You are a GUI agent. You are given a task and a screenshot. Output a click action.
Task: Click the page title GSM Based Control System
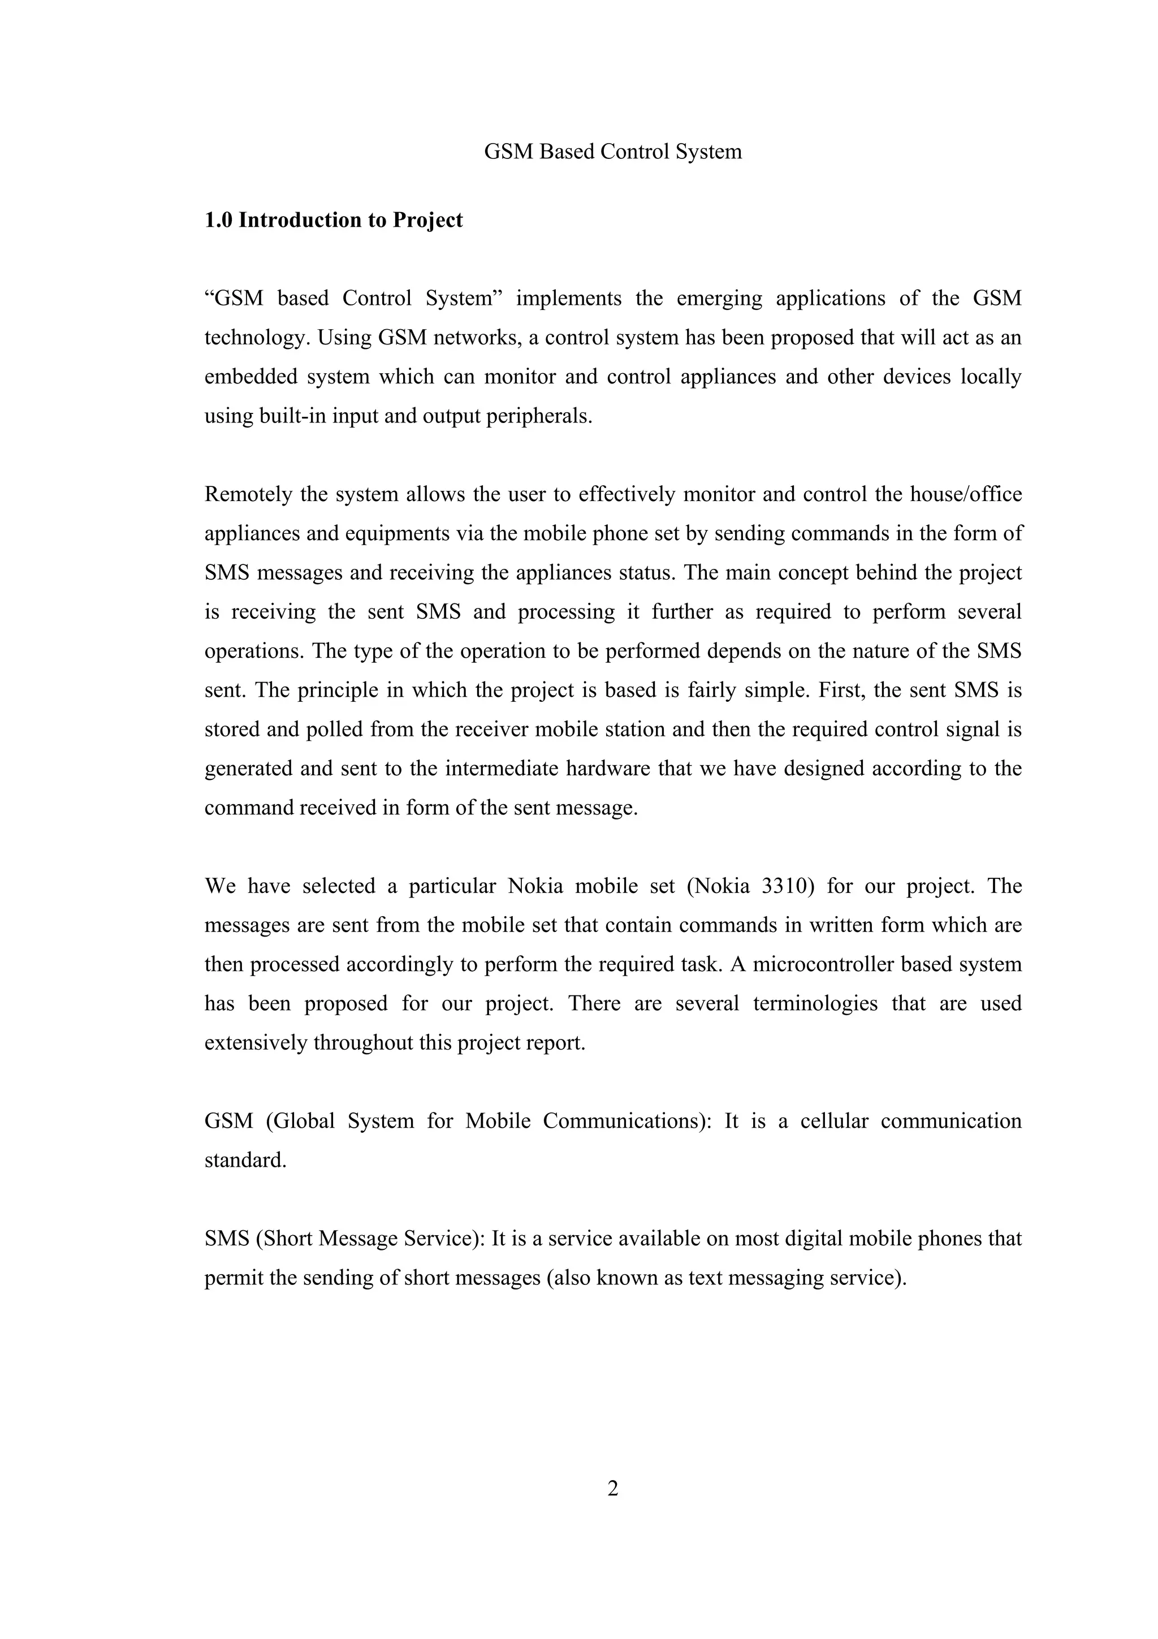612,152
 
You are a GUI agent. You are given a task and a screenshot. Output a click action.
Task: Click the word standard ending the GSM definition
245,1161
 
